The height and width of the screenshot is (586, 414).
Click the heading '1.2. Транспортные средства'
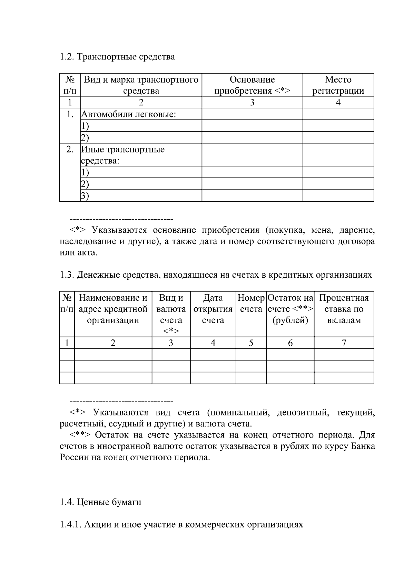tap(117, 57)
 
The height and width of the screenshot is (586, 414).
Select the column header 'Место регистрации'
tap(338, 85)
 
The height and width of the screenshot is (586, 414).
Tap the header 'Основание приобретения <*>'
tap(252, 85)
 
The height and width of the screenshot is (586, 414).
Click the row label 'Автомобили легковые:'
tap(128, 114)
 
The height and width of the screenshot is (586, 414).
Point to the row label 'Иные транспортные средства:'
tap(122, 155)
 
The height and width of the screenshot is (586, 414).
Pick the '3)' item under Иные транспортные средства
tap(85, 196)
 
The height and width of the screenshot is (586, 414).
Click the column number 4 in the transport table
tap(338, 103)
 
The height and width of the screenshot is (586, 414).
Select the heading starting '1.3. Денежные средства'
tap(216, 275)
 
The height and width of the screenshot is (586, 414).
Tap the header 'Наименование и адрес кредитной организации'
tap(113, 309)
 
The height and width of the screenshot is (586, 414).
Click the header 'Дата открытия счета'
tap(213, 309)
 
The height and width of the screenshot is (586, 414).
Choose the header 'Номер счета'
tap(251, 303)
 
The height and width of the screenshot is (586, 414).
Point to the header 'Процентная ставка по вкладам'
tap(344, 309)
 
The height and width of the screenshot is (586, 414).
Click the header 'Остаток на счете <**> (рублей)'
tap(290, 309)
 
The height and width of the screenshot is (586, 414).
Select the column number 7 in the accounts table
tap(344, 343)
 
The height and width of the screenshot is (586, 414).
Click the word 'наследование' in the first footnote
tap(88, 241)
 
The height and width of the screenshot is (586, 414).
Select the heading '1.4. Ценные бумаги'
tap(100, 502)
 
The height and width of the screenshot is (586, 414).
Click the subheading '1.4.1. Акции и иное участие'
tap(181, 525)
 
